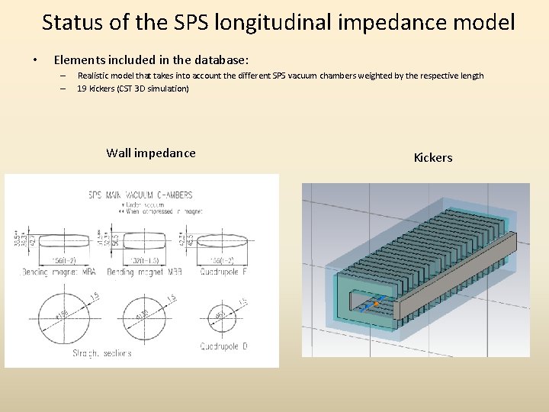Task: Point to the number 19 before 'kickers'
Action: tap(82, 89)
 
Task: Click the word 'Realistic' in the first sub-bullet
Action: tap(95, 76)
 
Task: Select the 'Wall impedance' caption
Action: tap(151, 153)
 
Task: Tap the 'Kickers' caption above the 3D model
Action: tap(432, 158)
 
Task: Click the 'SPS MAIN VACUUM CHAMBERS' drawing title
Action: tap(141, 195)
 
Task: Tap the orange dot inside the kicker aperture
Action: tap(376, 304)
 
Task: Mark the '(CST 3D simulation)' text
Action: tap(151, 89)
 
